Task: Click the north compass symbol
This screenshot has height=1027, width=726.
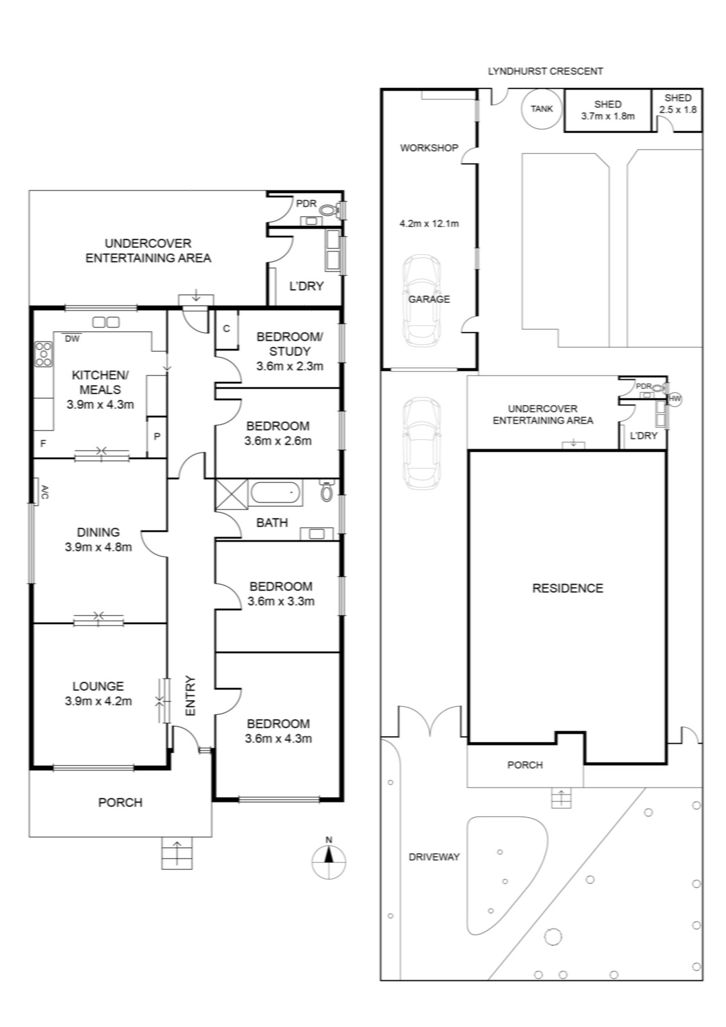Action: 329,861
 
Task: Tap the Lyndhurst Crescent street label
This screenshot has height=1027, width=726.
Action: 545,71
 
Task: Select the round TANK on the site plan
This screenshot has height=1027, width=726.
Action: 541,108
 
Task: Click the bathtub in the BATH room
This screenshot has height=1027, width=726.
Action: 275,493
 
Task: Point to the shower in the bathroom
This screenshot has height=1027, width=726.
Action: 232,494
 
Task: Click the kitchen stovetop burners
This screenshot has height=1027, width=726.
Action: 44,354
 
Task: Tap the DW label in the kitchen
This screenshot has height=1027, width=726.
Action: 72,339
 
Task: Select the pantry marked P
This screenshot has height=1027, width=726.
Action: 157,436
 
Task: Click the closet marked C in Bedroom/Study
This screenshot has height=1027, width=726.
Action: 227,330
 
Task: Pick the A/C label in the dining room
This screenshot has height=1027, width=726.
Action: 44,492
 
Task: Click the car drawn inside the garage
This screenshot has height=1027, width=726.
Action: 422,301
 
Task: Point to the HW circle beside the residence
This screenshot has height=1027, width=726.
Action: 675,399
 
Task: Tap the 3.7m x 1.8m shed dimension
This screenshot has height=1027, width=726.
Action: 608,116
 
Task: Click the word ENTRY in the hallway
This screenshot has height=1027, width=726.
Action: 191,696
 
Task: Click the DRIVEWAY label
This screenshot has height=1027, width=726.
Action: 434,857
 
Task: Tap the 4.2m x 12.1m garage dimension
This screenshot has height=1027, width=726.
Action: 429,224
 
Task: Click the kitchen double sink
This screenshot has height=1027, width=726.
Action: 106,322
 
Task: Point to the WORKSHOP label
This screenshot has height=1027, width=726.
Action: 429,148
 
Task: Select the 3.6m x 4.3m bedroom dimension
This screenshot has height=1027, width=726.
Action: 279,739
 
